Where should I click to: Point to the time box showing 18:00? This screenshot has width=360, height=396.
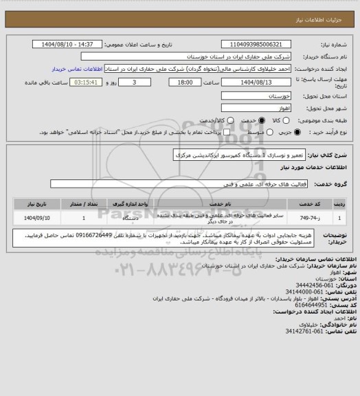point(184,82)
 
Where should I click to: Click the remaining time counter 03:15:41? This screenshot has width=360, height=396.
point(87,82)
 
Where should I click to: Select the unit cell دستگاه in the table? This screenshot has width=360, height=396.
point(131,218)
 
